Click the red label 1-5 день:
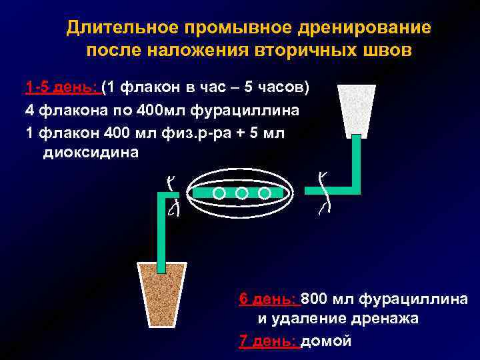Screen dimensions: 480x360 coord(61,88)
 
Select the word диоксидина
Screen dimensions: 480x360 coord(91,153)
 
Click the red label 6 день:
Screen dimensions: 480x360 coord(268,299)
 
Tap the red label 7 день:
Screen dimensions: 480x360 coord(268,341)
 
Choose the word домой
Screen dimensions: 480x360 coord(326,341)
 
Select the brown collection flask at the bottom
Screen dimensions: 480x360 coord(162,294)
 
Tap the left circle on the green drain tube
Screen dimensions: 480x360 coord(219,193)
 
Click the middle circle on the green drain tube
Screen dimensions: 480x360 coord(242,193)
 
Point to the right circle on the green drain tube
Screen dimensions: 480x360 coord(265,193)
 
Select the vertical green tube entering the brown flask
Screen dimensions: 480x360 coord(161,233)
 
